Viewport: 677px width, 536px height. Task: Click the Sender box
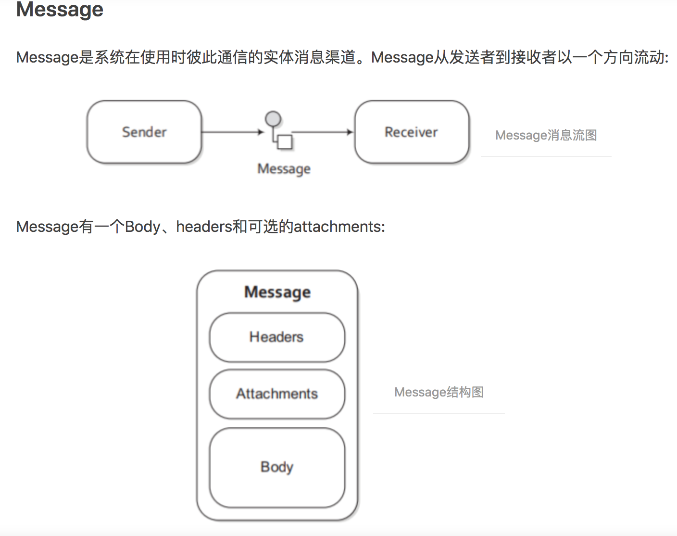[144, 132]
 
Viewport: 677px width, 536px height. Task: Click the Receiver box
[412, 132]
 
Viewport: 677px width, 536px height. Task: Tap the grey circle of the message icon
[273, 118]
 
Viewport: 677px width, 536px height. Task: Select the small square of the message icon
[286, 142]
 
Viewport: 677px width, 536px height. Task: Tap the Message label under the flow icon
[284, 169]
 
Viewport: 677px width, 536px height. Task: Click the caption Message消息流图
[546, 135]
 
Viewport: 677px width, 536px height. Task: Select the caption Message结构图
[439, 392]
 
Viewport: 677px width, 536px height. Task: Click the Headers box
[277, 337]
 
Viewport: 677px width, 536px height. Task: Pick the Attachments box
[277, 394]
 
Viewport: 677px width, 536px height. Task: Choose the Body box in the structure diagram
[277, 467]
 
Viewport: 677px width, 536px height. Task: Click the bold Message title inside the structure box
[277, 292]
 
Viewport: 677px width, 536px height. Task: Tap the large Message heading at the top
[60, 10]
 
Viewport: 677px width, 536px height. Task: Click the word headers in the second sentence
[204, 226]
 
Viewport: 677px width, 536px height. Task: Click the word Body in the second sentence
[142, 226]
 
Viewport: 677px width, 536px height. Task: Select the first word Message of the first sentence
[47, 58]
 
